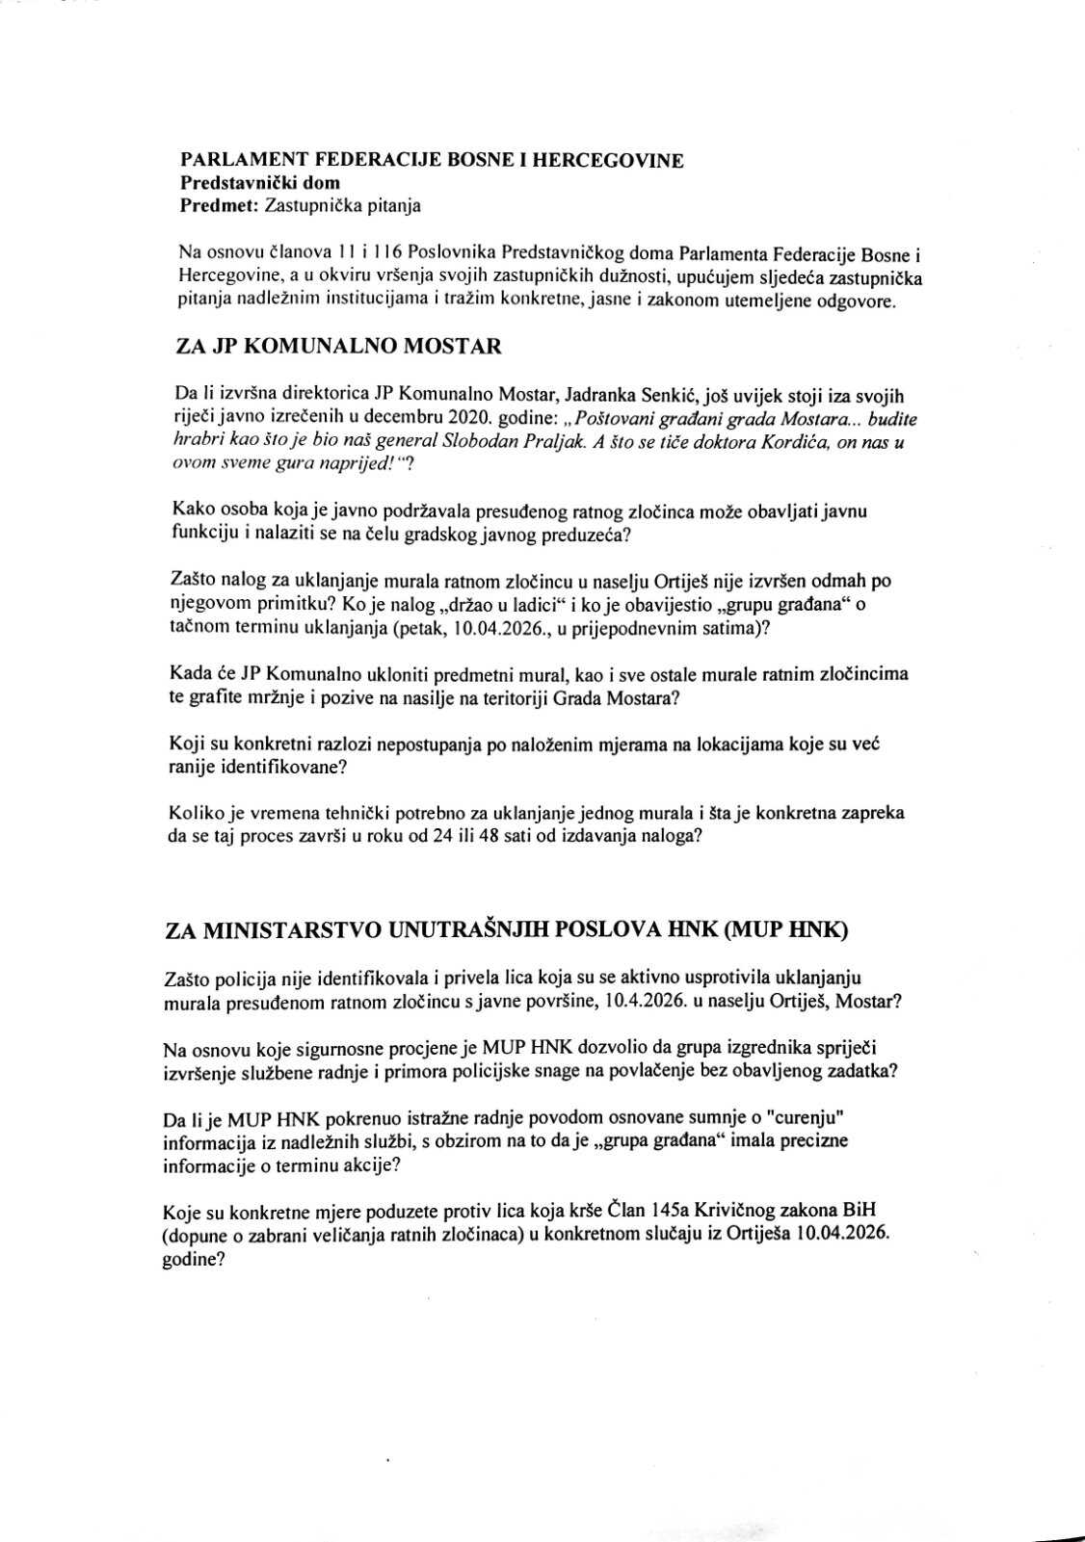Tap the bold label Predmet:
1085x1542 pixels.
tap(219, 204)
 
